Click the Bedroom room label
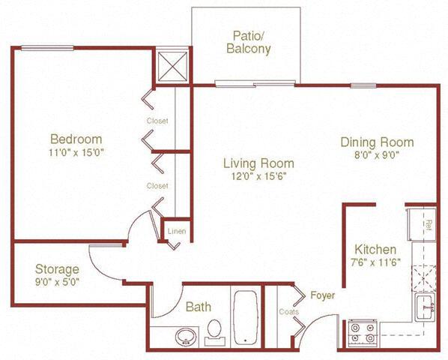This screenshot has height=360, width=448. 76,139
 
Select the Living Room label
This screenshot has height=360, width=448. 259,163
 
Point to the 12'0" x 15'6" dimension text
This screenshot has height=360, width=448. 259,176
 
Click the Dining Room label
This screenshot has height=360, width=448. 377,142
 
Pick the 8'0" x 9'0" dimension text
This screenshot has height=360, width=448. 377,156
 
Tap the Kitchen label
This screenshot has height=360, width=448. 376,249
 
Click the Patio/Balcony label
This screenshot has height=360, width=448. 247,42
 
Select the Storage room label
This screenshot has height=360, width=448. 57,269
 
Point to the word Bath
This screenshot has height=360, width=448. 199,306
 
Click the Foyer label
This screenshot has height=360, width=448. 323,295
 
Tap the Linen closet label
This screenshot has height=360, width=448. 176,231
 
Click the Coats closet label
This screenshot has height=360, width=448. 288,312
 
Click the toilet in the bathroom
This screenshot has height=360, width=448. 214,331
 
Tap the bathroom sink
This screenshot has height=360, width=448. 184,337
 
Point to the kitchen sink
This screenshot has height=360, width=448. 425,304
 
